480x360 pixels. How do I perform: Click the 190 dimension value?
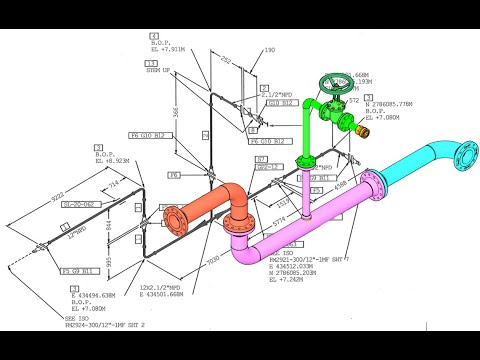tap(269, 48)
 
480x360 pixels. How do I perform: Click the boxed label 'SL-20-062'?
tap(77, 203)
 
